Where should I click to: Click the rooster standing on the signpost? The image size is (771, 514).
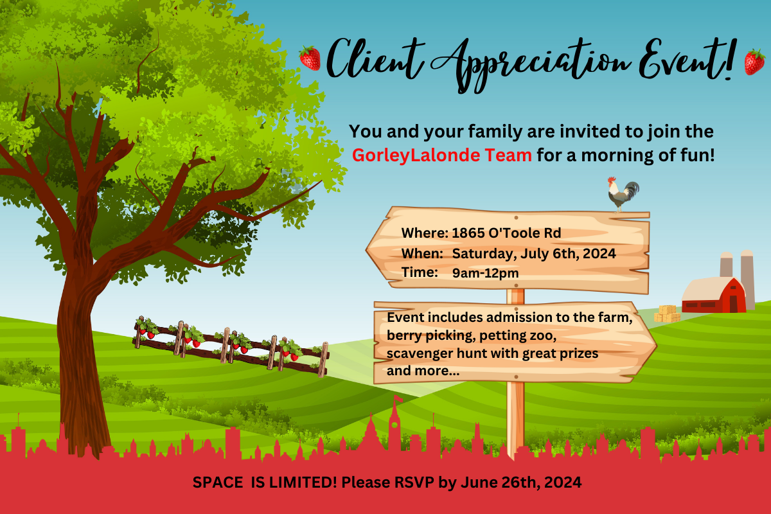(623, 195)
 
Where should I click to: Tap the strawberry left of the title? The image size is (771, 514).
(310, 58)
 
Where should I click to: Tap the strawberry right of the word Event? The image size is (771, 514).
(754, 62)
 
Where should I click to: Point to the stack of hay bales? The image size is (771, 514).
(667, 314)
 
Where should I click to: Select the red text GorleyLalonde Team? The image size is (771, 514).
(441, 155)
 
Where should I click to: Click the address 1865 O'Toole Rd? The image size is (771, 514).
(506, 233)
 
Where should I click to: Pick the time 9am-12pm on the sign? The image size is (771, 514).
(485, 273)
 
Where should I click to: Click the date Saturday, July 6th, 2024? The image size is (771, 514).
(534, 254)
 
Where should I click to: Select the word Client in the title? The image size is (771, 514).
(375, 59)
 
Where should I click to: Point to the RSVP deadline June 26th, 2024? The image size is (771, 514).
(521, 483)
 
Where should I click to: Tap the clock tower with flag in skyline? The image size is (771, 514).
(394, 423)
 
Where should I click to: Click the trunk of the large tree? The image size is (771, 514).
(81, 362)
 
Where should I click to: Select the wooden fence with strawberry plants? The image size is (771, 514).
(231, 346)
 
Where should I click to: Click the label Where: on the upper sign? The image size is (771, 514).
(425, 233)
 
